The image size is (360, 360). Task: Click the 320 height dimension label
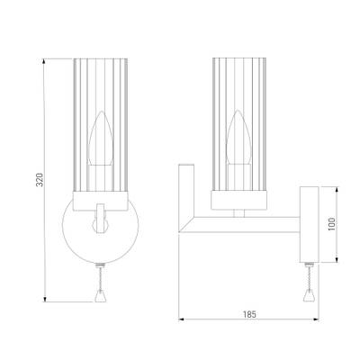(40, 180)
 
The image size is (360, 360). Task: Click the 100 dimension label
(332, 224)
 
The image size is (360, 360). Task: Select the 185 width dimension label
(249, 315)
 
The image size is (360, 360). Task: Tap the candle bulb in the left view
(101, 139)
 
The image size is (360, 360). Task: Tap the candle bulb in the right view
(238, 137)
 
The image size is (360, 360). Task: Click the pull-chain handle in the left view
(101, 296)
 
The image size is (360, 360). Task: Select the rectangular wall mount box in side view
(310, 224)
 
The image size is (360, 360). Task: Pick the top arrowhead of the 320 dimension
(44, 61)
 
